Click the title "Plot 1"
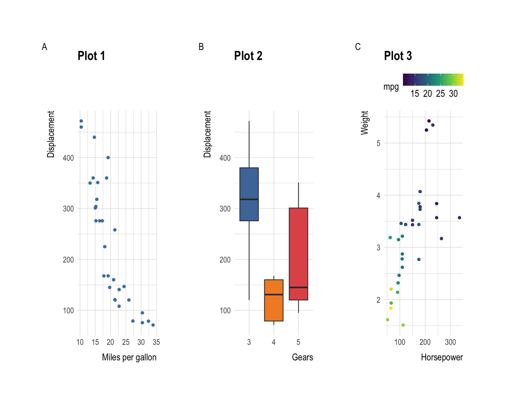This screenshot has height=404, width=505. [91, 56]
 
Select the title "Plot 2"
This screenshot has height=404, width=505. [248, 56]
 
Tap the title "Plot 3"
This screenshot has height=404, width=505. [398, 56]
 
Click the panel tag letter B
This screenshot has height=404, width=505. [201, 47]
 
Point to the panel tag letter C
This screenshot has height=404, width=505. [358, 47]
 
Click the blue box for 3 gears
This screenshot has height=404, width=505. [249, 184]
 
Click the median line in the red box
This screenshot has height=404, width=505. [298, 287]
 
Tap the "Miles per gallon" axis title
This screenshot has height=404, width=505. [129, 357]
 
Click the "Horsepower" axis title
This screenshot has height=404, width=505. [442, 357]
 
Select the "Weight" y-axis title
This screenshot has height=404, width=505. [364, 123]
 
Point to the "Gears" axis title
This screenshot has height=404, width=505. [302, 357]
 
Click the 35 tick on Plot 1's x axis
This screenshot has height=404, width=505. [156, 342]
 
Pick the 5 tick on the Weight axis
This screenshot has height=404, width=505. [378, 143]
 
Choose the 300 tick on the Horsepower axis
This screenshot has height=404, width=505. [450, 342]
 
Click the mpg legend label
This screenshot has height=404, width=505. [391, 87]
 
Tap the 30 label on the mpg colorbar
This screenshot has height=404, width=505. [453, 94]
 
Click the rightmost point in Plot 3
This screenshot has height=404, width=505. [459, 218]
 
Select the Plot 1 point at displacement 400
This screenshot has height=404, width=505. [108, 158]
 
